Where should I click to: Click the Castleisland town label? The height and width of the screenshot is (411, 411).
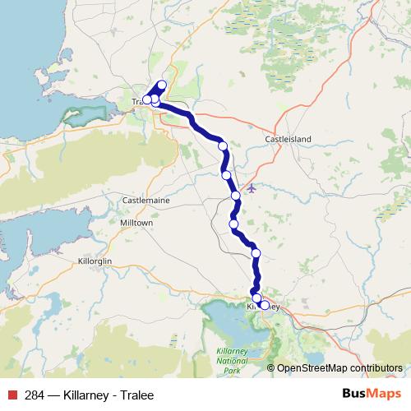288,141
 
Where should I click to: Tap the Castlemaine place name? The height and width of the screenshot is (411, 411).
145,200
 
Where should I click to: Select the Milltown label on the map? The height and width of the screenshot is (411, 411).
136,223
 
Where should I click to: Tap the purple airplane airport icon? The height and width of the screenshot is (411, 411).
252,188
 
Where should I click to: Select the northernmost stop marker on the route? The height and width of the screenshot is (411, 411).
162,85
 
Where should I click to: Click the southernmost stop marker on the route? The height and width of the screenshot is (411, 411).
264,305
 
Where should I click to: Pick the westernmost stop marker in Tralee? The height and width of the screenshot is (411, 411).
146,100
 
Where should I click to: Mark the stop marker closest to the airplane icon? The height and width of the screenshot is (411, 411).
236,196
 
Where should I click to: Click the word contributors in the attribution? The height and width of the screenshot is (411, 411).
378,368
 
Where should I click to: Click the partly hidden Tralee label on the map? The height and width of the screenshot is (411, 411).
136,102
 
